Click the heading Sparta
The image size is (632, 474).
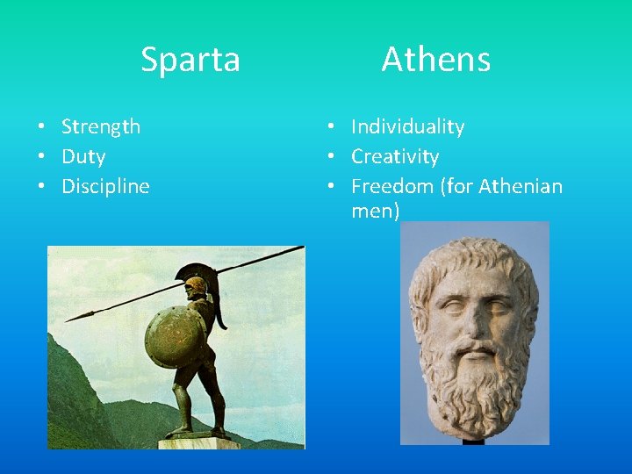coord(190,60)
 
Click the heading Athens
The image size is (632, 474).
coord(435,60)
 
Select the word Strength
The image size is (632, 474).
coord(101,126)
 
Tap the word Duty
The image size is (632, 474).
coord(83,156)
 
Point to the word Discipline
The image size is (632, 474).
coord(105,186)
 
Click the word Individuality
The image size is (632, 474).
coord(407,126)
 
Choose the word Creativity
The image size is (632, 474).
coord(395,156)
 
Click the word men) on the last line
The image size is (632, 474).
coord(375,211)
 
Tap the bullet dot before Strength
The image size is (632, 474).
coord(42,127)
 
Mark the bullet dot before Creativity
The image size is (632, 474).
coord(333,157)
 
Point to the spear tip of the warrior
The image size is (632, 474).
coord(75,317)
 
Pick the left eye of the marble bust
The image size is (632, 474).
coord(452,309)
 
